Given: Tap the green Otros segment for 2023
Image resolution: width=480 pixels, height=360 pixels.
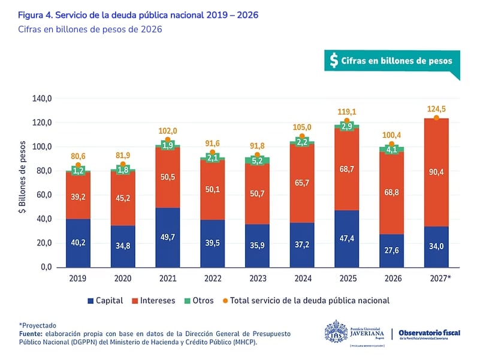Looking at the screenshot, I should pos(257,161).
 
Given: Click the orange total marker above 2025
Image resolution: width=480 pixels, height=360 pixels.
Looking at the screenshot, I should pos(346,121).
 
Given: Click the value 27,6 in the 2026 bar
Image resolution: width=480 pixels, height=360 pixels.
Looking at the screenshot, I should pos(391,251).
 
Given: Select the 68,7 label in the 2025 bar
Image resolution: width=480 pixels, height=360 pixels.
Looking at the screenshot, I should pos(346,170).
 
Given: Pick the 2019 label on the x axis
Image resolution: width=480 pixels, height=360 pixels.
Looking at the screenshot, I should pos(78,279).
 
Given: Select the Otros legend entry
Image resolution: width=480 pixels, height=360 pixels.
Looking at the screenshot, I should pos(197,301).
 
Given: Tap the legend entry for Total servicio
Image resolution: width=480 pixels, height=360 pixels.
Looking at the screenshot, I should pos(306,301).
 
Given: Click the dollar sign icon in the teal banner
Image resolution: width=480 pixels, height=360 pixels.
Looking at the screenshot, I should pos(334,60).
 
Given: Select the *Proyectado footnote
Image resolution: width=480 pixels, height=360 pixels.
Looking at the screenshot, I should pos(37,325).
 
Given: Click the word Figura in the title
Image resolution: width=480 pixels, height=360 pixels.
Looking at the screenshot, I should pos(32,15).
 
